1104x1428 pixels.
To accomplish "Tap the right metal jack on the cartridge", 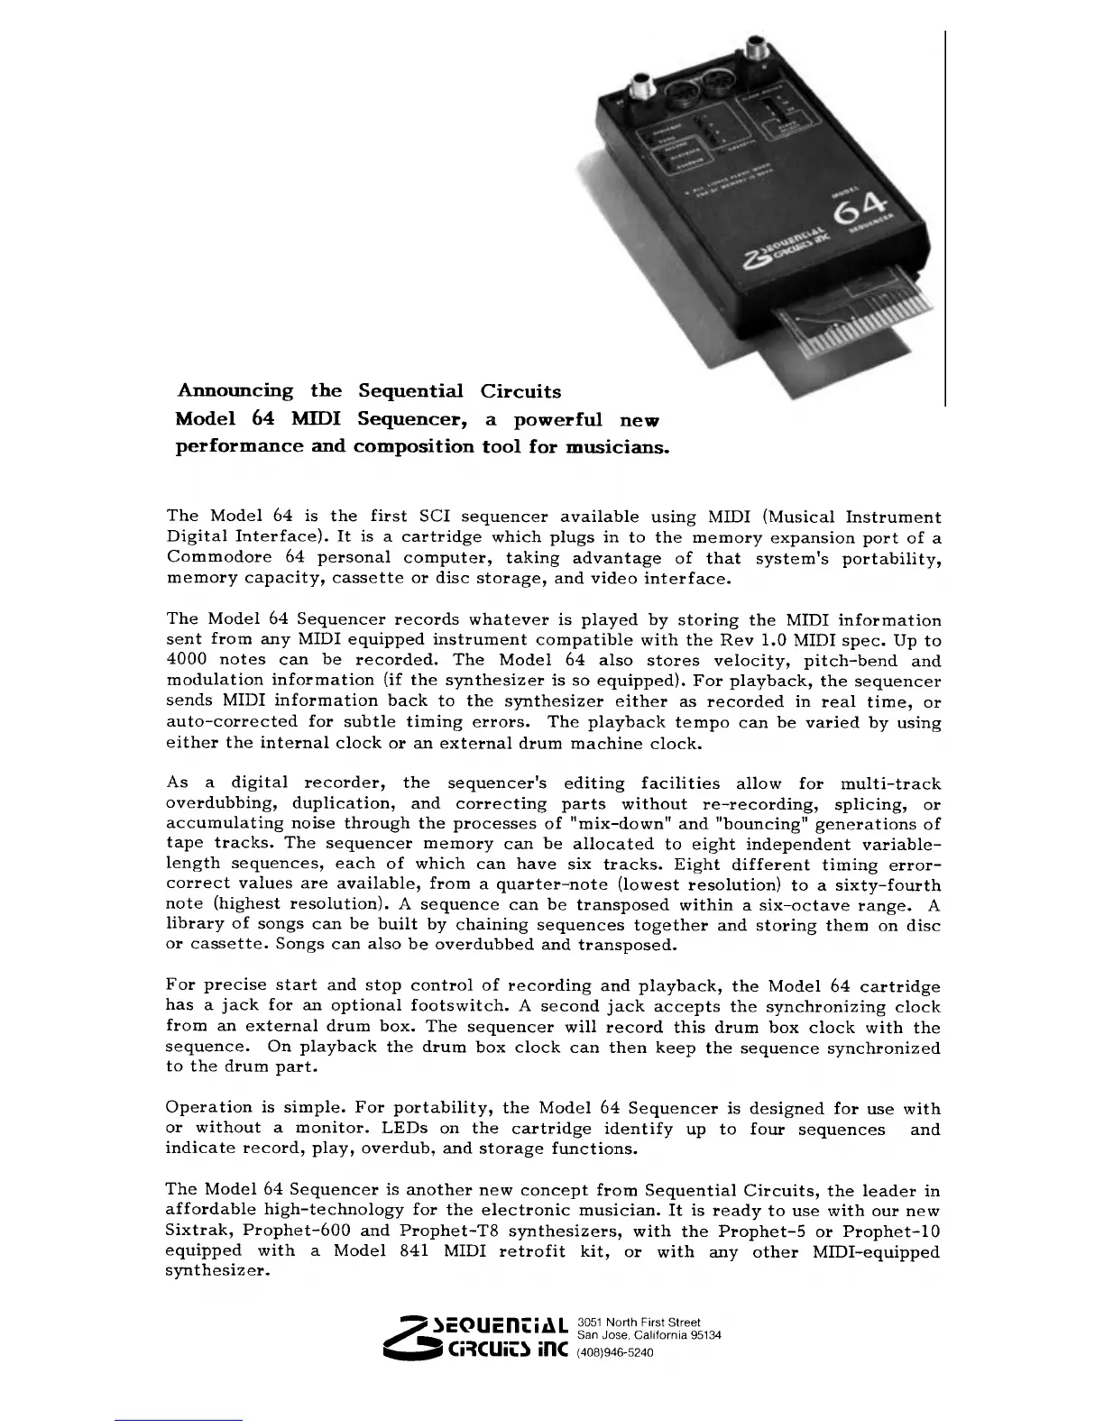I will coord(753,50).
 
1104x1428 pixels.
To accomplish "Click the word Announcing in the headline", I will coord(235,391).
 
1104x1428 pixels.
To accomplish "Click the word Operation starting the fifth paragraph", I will coord(209,1108).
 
